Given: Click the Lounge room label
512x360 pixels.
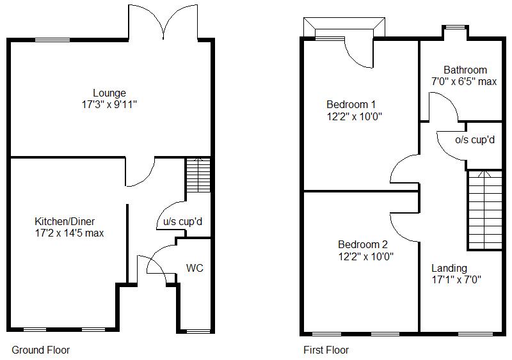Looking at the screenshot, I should (109, 93).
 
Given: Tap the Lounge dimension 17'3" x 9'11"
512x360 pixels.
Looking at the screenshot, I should (109, 104).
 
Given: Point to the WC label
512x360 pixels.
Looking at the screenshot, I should (195, 268).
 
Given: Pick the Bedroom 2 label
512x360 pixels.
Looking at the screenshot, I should (363, 244).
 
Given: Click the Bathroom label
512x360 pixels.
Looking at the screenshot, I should (465, 70).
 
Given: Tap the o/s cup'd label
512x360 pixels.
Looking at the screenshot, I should (475, 139).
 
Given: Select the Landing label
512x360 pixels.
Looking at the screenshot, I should (449, 268).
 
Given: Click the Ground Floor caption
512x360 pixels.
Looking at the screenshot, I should (41, 350).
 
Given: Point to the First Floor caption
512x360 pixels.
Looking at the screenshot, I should (326, 350).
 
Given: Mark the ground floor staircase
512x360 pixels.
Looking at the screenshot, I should (198, 174).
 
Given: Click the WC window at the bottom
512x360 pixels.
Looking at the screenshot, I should (198, 331).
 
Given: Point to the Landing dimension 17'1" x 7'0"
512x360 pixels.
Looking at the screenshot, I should (456, 279).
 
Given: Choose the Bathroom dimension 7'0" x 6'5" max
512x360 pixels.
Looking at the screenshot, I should (464, 81).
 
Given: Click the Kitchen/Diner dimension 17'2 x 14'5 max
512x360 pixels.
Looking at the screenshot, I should (69, 233).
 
